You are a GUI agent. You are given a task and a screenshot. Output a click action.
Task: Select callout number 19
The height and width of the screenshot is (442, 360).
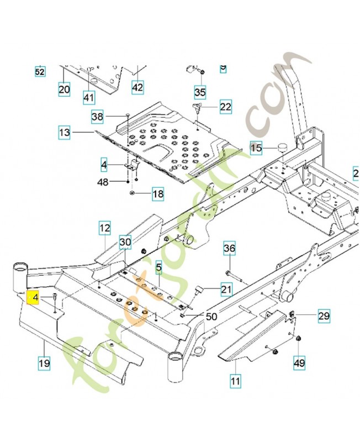point(44,364)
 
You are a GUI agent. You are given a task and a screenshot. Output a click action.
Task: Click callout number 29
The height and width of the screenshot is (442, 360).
point(324,316)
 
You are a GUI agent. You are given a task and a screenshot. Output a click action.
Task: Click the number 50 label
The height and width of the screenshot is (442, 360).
point(211,317)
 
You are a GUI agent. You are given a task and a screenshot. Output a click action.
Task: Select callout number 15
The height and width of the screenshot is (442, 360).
point(256,148)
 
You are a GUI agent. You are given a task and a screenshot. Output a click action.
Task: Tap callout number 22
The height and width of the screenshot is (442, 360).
point(226,107)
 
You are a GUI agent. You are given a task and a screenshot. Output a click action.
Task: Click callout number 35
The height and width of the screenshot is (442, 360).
point(200,91)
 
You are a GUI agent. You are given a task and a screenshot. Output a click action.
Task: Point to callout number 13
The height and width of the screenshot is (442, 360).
point(65,133)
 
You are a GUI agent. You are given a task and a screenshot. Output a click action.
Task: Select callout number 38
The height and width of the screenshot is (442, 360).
point(98,117)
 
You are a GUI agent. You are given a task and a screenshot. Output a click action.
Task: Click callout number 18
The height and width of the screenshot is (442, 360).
point(158,194)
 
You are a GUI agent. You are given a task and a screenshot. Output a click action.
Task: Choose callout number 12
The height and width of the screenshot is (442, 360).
point(105,228)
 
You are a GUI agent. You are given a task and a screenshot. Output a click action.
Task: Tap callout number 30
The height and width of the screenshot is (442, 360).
point(125,242)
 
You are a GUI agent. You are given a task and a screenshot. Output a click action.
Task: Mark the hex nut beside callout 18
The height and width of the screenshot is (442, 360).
point(133,193)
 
